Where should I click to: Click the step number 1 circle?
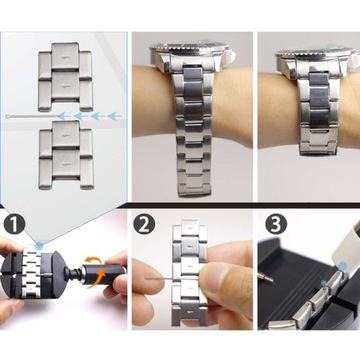click(x=14, y=224)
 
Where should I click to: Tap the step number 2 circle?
click(x=144, y=224)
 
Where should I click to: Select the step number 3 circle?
click(x=276, y=224)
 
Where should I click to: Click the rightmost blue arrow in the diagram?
click(x=115, y=116)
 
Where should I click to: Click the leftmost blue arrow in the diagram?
click(x=64, y=116)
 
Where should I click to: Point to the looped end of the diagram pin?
click(x=9, y=116)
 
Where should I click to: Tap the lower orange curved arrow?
click(x=97, y=278)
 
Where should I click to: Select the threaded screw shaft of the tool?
click(x=73, y=273)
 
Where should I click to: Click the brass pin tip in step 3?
click(x=267, y=278)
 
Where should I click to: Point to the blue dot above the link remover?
click(x=40, y=246)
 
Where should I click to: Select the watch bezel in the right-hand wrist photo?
click(x=315, y=52)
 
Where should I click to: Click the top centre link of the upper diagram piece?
click(x=65, y=55)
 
